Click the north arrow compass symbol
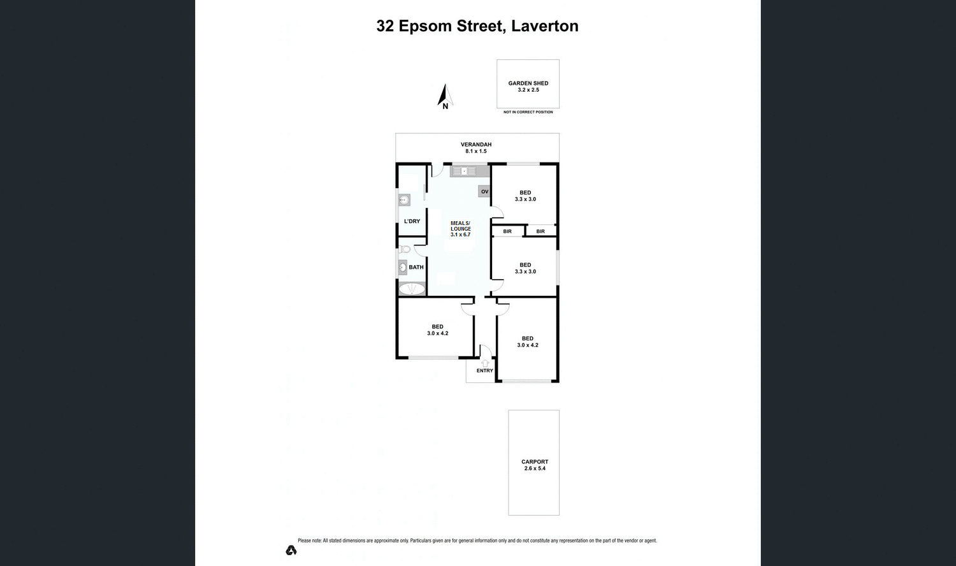tap(444, 96)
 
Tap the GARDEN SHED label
tap(528, 83)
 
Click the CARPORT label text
tap(534, 461)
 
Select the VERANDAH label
tap(476, 145)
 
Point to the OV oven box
tap(484, 191)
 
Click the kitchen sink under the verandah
tap(465, 171)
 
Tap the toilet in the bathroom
tap(405, 249)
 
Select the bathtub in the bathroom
tap(412, 289)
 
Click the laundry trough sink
tap(403, 200)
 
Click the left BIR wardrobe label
tap(507, 231)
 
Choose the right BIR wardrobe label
tap(540, 231)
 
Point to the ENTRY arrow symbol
tap(485, 363)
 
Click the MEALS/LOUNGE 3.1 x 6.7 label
tap(461, 229)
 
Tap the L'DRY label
tap(412, 221)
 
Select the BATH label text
tap(416, 267)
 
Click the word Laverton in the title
tap(545, 26)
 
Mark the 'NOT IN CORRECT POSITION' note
tap(528, 112)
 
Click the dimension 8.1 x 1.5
tap(476, 152)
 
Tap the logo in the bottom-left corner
tap(291, 550)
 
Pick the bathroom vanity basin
tap(403, 268)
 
